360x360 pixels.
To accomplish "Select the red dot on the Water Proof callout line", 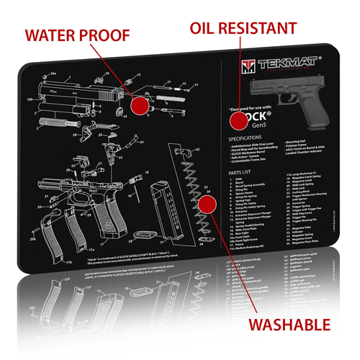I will tap(140, 105).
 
